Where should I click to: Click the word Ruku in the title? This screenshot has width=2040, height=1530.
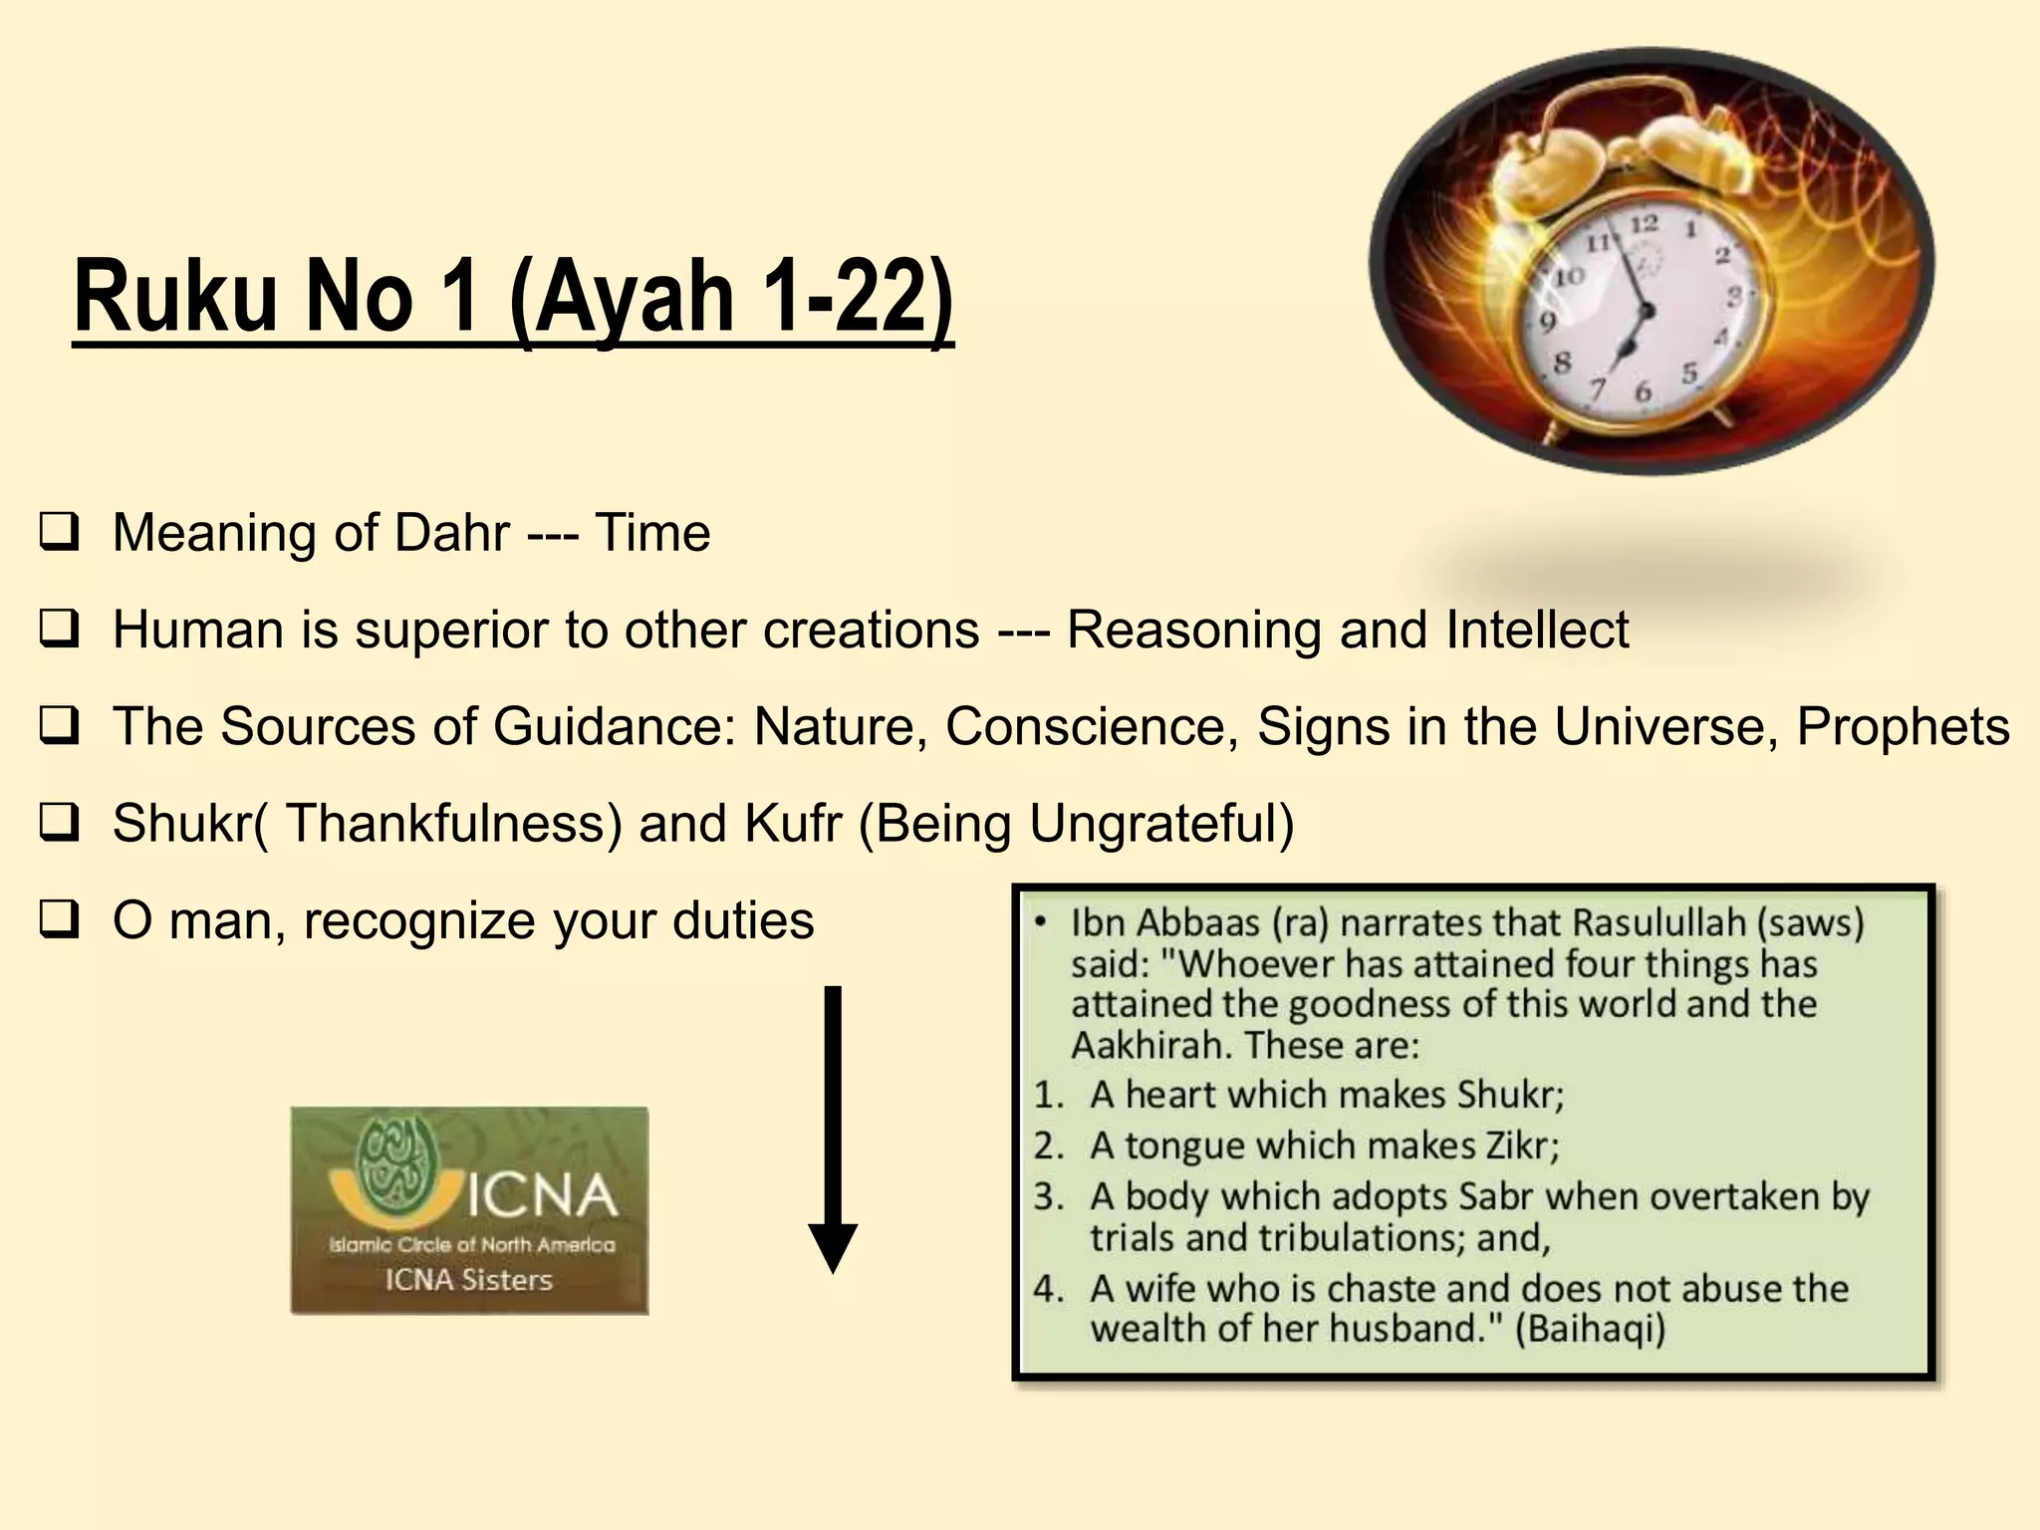[175, 296]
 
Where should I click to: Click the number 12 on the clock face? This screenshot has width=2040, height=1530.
[1644, 223]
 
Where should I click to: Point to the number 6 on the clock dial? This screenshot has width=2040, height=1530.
[1643, 392]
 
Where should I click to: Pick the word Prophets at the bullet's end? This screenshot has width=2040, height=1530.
[1903, 726]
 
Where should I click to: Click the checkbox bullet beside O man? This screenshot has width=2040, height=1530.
[59, 919]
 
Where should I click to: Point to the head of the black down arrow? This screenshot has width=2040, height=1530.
[832, 1249]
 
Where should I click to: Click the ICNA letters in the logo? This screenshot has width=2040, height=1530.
[542, 1195]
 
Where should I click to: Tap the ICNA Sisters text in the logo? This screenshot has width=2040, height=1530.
[468, 1280]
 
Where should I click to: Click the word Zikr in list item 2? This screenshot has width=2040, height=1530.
[1520, 1146]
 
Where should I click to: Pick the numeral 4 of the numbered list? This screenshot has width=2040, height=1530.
[1047, 1289]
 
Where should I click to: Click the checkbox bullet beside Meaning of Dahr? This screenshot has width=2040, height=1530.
[59, 532]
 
